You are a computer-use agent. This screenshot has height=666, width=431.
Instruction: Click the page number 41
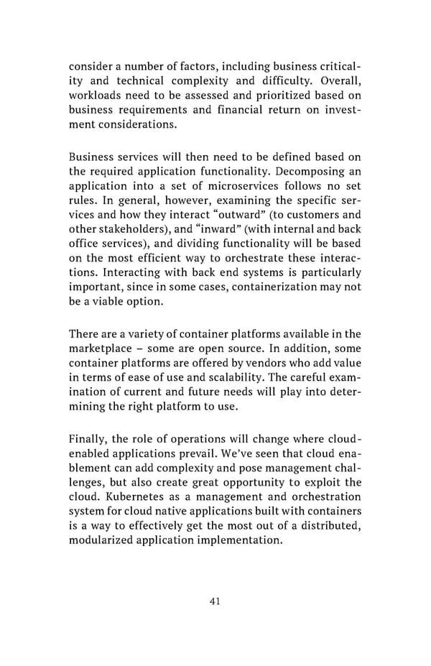(x=215, y=601)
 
